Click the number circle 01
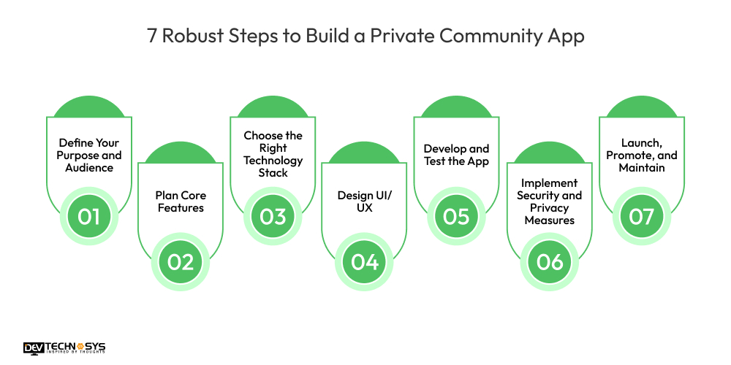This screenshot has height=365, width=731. [x=88, y=217]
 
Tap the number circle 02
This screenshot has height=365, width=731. [x=181, y=261]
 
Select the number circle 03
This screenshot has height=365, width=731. [x=273, y=217]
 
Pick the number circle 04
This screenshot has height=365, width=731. [x=364, y=261]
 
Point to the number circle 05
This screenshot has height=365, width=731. [x=456, y=217]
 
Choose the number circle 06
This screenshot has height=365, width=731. [x=549, y=261]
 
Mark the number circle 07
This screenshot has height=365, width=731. [x=641, y=217]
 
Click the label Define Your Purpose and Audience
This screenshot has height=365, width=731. [x=90, y=155]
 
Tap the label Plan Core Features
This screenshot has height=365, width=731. [x=181, y=201]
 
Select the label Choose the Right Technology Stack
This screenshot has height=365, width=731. [x=273, y=154]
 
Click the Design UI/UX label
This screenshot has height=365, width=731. [x=364, y=201]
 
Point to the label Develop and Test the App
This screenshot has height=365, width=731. [x=456, y=155]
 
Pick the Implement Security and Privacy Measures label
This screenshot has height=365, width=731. [x=549, y=201]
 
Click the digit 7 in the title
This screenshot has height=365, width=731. [x=152, y=36]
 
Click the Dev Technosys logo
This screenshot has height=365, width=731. [x=64, y=348]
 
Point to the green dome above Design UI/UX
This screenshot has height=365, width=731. [x=364, y=154]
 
